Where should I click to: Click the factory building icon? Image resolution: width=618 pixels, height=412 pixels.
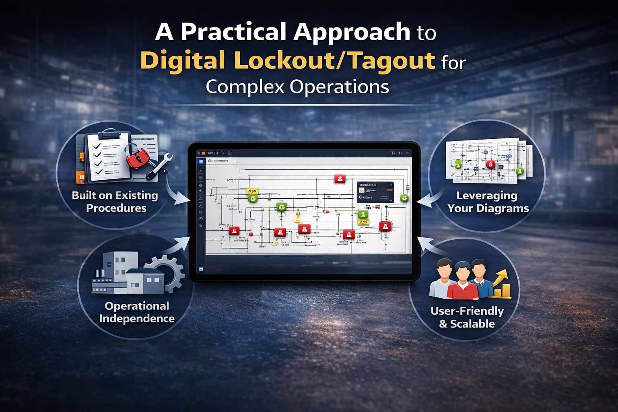click(121, 274)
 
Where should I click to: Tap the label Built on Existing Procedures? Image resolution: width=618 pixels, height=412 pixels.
click(115, 202)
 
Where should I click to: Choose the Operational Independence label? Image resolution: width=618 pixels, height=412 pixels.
click(137, 312)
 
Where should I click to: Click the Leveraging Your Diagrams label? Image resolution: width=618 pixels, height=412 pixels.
click(488, 202)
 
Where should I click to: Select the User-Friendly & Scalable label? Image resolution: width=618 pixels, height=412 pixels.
click(467, 317)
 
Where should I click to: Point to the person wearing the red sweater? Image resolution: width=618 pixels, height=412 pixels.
click(463, 282)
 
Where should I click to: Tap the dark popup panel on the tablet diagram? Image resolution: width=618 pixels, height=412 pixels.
click(375, 192)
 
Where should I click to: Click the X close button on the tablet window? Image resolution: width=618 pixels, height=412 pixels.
click(407, 153)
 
